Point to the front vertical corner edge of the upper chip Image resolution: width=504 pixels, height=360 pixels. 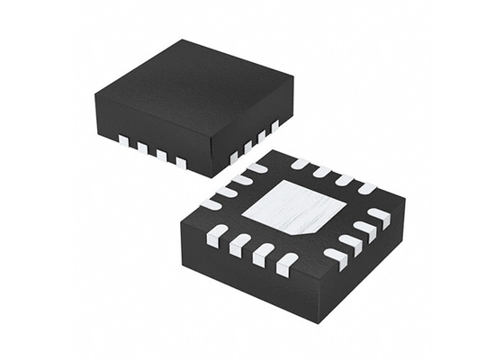[x=212, y=162]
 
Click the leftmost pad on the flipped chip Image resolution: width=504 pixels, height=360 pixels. [x=211, y=205]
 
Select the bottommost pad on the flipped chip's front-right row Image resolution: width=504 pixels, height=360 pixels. [x=336, y=257]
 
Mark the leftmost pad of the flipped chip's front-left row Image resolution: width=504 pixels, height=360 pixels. [x=217, y=236]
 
